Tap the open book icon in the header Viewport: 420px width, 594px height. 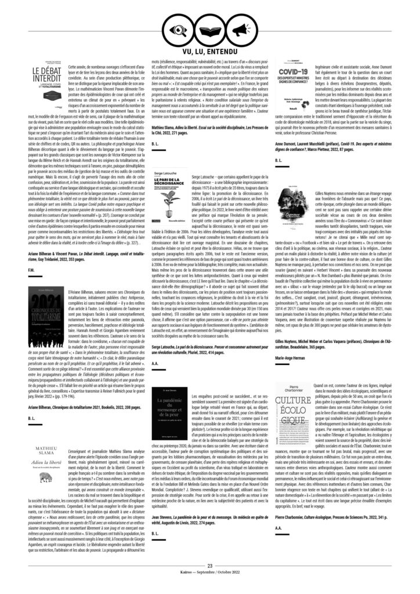(209, 26)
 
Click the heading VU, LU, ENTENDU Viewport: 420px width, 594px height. (209, 50)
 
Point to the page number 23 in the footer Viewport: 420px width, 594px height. (209, 565)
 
